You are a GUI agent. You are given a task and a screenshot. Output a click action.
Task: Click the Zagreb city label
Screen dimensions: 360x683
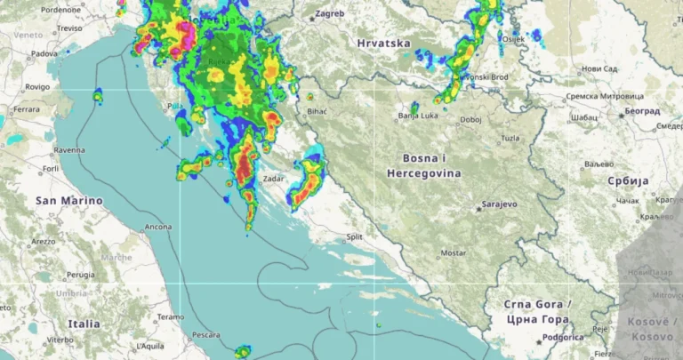click(329, 15)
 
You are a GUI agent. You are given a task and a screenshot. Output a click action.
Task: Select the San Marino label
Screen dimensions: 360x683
click(68, 201)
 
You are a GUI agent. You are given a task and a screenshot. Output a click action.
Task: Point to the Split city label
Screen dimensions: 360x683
click(355, 237)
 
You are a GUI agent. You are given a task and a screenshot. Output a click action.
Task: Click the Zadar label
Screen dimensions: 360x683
click(273, 179)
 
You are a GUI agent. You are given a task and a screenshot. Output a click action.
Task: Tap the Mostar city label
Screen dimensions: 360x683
click(453, 252)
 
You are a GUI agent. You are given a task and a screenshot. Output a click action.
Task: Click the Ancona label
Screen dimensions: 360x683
click(158, 228)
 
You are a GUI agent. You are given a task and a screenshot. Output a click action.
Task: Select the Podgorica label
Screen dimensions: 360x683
click(564, 338)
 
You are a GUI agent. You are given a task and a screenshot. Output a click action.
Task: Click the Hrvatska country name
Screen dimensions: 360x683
click(383, 43)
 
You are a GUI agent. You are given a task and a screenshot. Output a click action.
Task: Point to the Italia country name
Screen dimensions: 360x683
click(84, 324)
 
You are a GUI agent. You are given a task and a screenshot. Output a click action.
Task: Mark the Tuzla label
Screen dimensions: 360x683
click(510, 138)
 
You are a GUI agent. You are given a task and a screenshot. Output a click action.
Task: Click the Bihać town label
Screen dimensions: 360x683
click(317, 111)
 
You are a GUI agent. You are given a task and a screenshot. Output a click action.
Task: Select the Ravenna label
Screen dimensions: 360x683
click(69, 150)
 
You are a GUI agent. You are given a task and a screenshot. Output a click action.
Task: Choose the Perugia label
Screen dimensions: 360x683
click(80, 275)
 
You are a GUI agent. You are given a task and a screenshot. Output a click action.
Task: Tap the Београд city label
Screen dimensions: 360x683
click(642, 112)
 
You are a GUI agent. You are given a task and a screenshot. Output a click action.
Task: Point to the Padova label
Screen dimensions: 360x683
click(44, 53)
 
